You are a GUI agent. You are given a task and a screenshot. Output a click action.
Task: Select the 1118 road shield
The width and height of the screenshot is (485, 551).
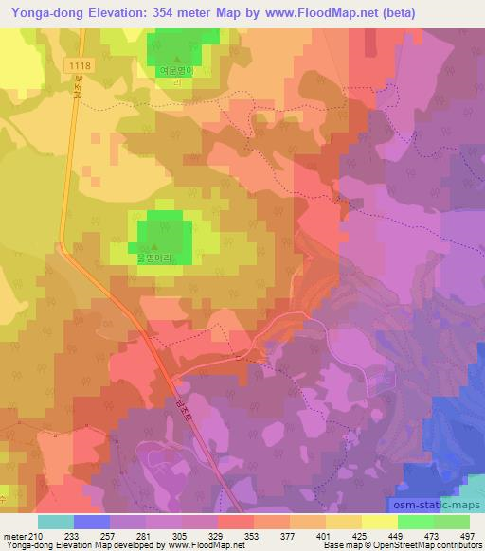[80, 62]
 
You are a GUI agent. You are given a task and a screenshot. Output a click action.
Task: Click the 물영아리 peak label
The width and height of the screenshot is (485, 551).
[159, 256]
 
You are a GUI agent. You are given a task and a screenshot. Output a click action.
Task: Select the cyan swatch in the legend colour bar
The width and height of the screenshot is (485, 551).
[56, 522]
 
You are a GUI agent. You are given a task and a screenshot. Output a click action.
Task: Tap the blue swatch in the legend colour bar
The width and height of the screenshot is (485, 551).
[92, 522]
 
